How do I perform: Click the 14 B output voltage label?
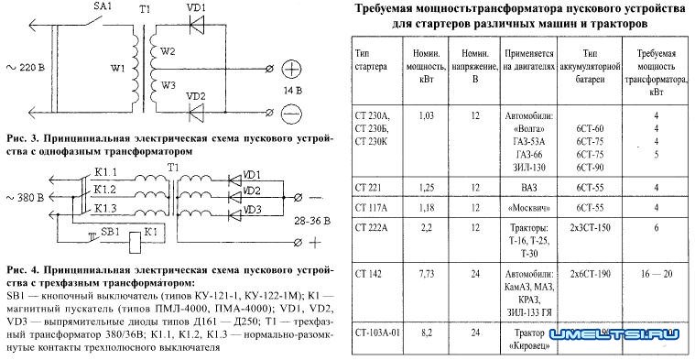[x=292, y=92]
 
